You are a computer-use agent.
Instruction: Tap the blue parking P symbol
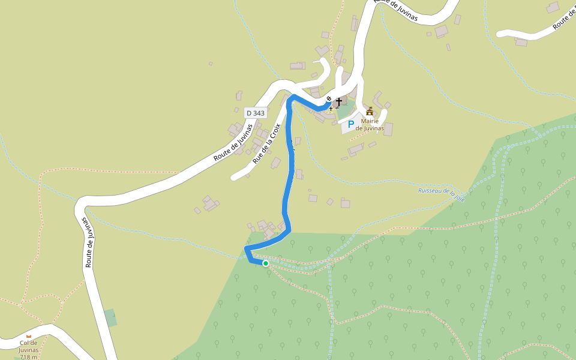[x=351, y=124]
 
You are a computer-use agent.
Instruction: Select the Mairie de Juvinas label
[x=370, y=124]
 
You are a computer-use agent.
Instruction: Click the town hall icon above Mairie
[x=370, y=112]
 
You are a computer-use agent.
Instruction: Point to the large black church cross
[x=339, y=101]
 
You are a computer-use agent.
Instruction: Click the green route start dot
[x=265, y=263]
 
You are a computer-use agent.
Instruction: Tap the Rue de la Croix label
[x=266, y=143]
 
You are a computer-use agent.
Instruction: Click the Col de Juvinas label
[x=29, y=346]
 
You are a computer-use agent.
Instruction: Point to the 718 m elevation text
[x=29, y=357]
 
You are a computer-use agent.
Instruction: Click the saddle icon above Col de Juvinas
[x=28, y=337]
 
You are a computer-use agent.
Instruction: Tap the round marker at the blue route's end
[x=329, y=98]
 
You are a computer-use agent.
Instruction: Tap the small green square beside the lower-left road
[x=110, y=317]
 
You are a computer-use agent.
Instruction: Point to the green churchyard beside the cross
[x=343, y=111]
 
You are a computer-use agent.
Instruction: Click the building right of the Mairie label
[x=388, y=128]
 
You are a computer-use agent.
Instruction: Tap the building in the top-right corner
[x=553, y=7]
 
